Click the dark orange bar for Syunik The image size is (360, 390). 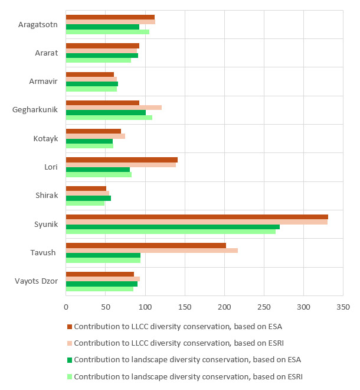point(197,217)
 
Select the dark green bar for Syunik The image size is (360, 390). point(172,226)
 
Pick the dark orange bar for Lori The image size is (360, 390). point(122,160)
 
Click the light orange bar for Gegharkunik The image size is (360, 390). point(113,108)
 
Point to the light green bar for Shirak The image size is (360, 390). point(85,203)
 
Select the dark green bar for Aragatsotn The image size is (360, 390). point(103,27)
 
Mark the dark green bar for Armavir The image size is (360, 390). point(92,84)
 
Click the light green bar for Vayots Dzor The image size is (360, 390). point(99,288)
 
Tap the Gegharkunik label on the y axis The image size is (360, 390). point(35,110)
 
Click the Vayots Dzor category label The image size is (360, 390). point(36,281)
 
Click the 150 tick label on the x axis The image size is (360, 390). point(185,307)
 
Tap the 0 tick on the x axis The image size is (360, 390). point(66,307)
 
